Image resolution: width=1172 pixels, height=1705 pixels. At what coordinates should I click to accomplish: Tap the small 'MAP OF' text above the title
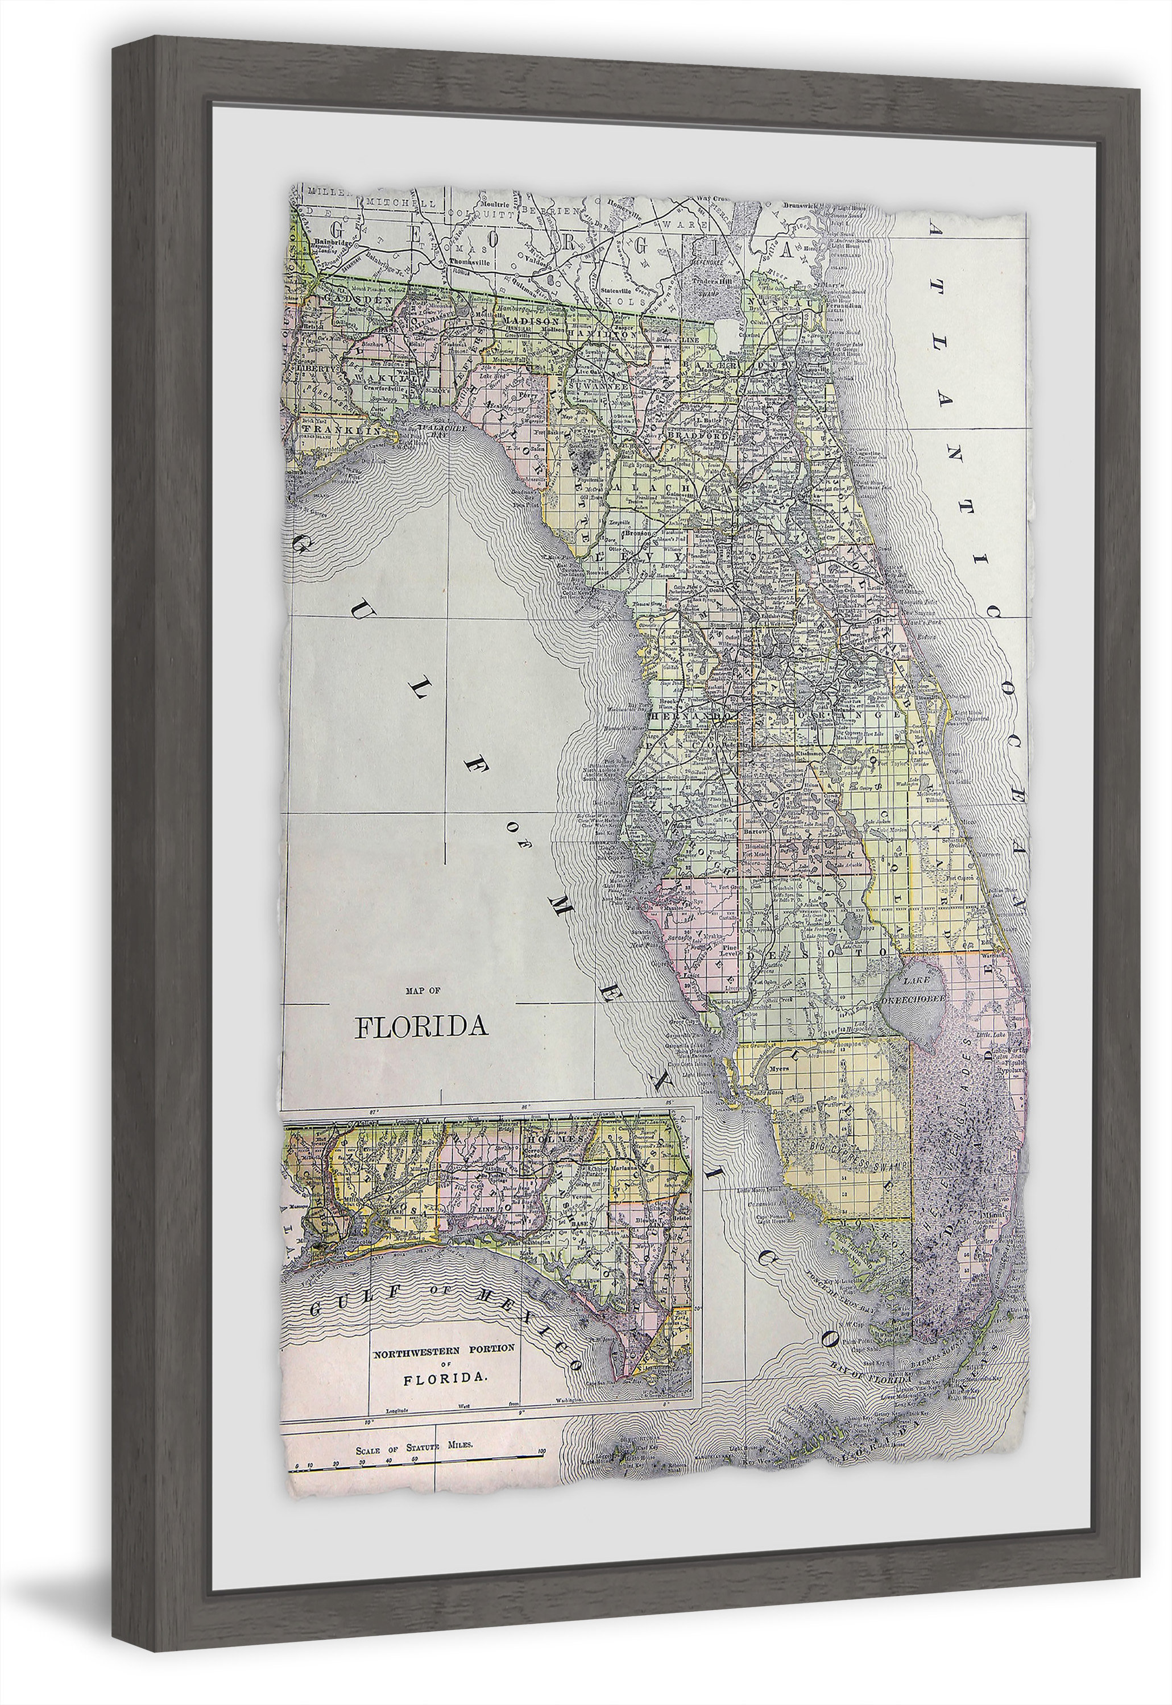[x=423, y=991]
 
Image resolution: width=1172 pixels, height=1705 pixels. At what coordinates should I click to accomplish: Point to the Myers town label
[x=779, y=1068]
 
